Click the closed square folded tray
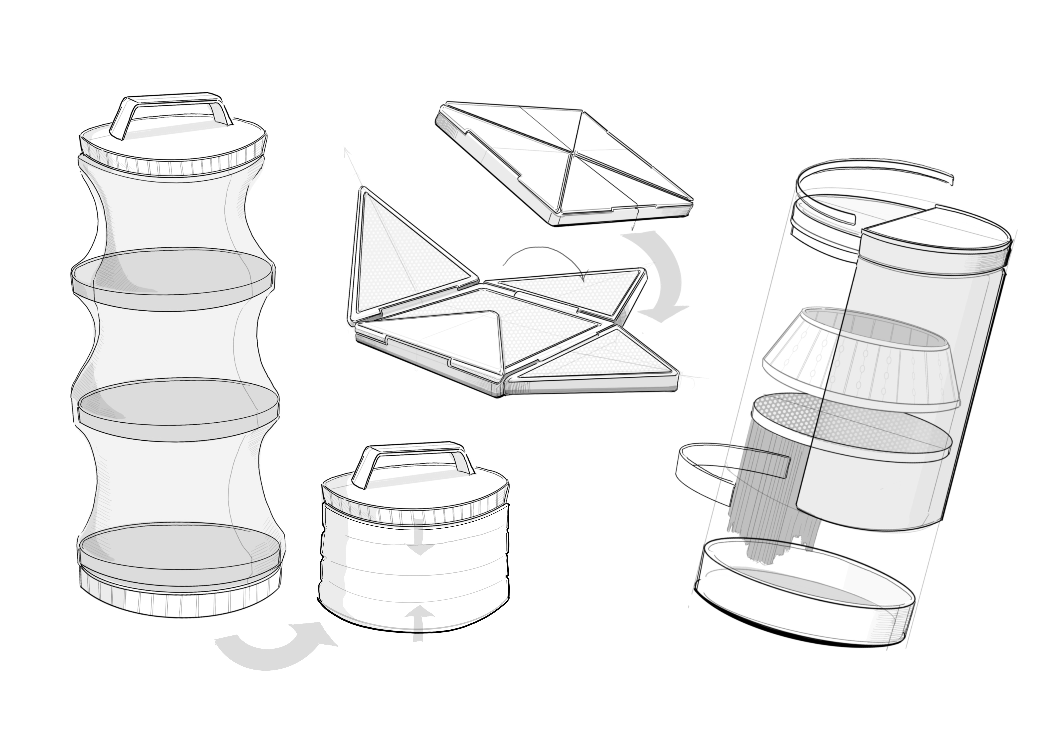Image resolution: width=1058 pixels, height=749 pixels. point(565,161)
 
